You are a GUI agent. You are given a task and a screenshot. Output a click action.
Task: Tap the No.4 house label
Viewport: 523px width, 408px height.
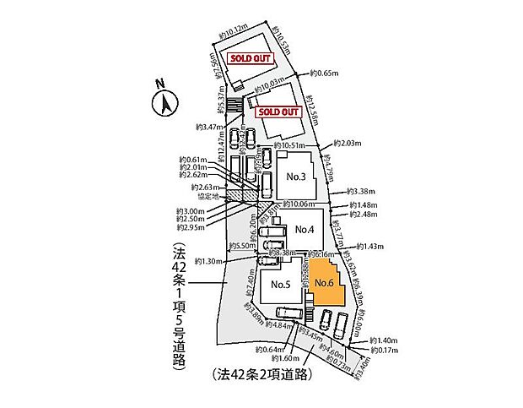point(305,229)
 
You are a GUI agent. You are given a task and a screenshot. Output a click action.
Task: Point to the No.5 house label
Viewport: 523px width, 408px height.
point(281,285)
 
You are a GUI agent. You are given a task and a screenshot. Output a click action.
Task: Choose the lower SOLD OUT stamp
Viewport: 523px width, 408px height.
point(278,112)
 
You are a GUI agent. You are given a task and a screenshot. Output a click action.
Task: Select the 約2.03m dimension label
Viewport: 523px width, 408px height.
point(348,144)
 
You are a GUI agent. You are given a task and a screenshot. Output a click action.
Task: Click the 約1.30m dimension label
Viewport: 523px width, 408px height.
point(207,261)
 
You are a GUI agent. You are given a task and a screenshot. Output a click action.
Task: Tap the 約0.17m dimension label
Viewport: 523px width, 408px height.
point(386,349)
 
